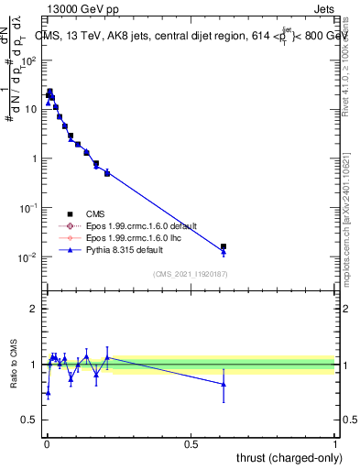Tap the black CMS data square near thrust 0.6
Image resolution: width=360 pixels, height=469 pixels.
click(224, 246)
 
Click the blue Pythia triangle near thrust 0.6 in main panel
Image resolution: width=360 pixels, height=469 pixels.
click(224, 252)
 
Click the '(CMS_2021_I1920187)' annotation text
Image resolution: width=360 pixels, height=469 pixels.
click(191, 273)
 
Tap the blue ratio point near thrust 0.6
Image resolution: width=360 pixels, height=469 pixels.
click(224, 384)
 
